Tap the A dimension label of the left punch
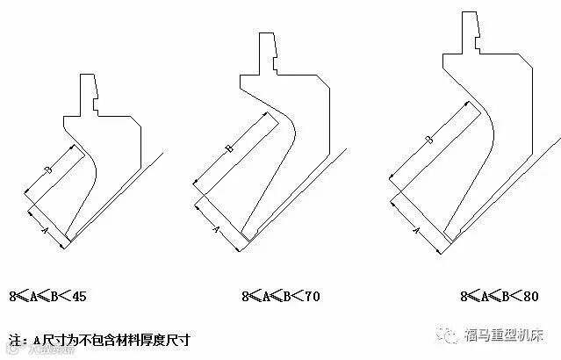coord(45,227)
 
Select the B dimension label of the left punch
coord(48,168)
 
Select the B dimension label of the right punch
coord(428,140)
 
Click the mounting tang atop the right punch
coord(472,31)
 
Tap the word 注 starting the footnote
coord(14,338)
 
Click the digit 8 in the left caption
coord(13,297)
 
